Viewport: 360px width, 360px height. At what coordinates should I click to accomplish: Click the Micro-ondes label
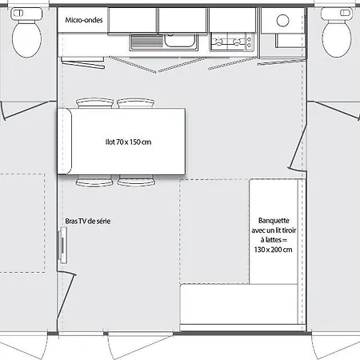84,20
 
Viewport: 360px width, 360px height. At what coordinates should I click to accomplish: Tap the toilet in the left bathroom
26,33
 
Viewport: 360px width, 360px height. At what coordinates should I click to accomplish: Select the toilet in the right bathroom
337,33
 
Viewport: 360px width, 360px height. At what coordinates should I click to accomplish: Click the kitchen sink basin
179,41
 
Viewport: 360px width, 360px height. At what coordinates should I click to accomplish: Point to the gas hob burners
228,42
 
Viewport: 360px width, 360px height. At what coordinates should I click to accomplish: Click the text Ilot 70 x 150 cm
128,142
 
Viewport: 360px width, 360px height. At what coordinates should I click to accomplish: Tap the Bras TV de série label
88,221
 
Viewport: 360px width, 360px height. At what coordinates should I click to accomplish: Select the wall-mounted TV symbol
63,246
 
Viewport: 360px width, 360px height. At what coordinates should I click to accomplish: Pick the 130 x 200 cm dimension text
273,250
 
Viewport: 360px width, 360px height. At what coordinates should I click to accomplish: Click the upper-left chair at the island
94,103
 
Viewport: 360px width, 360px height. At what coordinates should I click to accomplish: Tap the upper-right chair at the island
136,103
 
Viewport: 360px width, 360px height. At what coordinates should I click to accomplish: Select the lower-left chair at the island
94,181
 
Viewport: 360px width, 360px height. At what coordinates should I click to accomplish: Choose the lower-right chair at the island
137,181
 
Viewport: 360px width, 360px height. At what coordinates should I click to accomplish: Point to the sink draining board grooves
147,42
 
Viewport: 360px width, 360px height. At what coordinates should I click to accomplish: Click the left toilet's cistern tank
26,14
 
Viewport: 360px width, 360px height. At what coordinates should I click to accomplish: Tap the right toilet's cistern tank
337,14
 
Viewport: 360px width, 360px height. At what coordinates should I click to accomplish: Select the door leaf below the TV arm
66,294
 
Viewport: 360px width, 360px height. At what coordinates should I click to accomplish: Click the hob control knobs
250,42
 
